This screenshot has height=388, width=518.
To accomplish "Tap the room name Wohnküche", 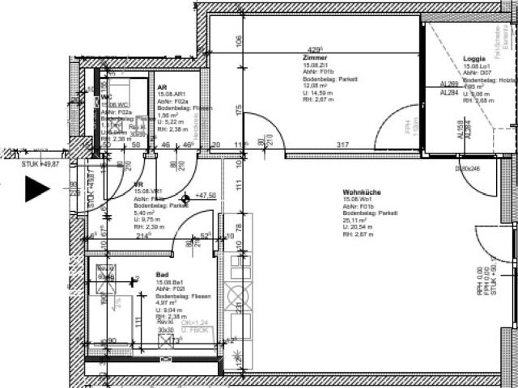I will [x=361, y=192].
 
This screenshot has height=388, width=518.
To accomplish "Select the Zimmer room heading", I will [x=315, y=59].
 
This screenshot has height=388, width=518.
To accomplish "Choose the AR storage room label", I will [x=162, y=87].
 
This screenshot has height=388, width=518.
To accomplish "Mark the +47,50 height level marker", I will [x=202, y=196].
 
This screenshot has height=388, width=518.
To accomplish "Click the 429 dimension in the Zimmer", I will [x=314, y=48].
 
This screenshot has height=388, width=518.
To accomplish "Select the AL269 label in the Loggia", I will [x=448, y=84].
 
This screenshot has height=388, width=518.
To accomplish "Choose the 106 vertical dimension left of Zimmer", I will [x=238, y=40].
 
